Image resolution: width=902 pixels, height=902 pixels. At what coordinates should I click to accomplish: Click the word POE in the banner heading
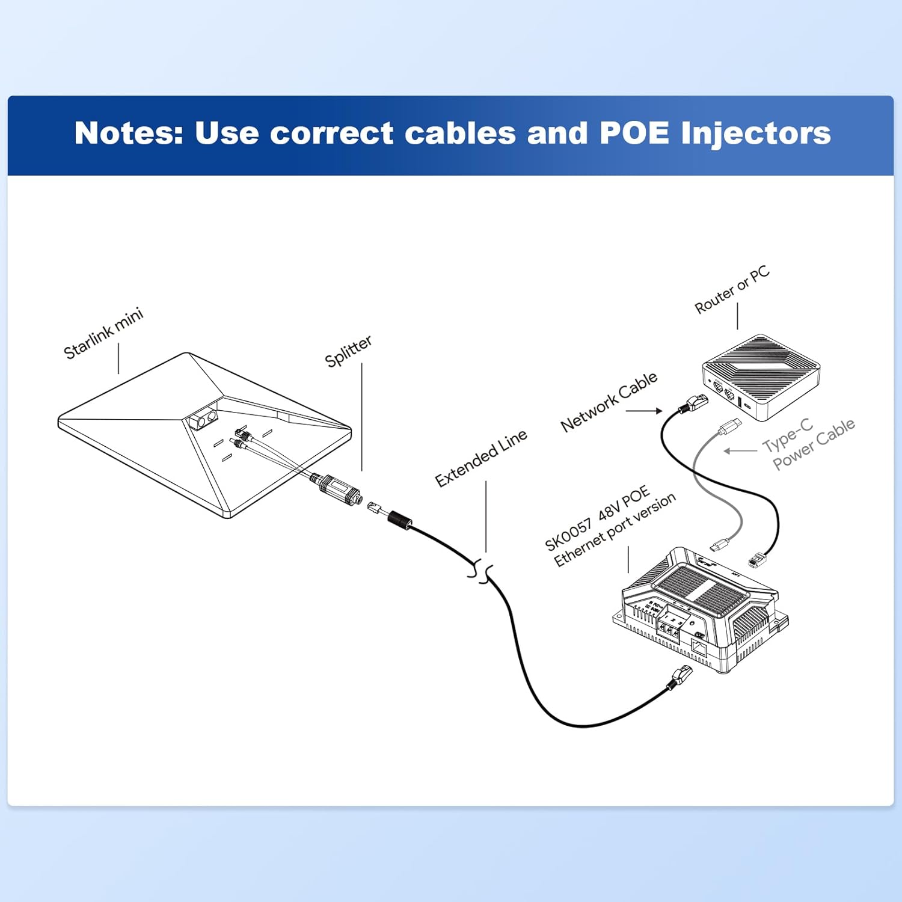pos(634,133)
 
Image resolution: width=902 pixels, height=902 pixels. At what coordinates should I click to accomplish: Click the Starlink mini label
pos(103,333)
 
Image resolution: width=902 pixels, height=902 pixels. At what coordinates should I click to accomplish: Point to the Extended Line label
pos(481,458)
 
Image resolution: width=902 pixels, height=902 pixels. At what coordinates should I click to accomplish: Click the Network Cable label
pos(609,402)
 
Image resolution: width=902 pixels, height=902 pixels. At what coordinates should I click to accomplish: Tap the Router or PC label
pos(732,290)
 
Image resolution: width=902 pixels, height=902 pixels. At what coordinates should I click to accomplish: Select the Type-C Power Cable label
pos(809,444)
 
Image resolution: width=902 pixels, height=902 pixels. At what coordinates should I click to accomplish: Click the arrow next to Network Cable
pos(644,411)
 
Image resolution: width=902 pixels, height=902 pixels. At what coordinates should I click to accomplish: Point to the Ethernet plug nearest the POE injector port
pos(680,678)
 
